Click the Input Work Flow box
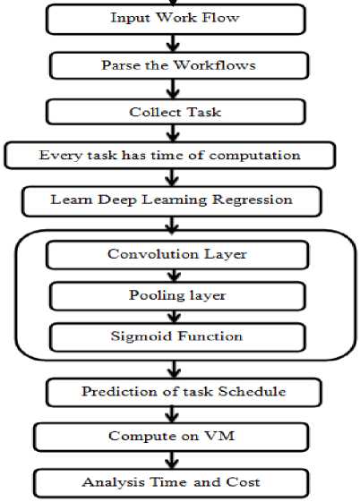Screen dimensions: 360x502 pyautogui.click(x=176, y=19)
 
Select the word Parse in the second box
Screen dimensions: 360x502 pyautogui.click(x=121, y=65)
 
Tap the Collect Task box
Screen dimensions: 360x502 pyautogui.click(x=176, y=112)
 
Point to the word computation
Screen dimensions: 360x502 pyautogui.click(x=254, y=156)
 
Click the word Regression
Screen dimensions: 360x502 pyautogui.click(x=253, y=200)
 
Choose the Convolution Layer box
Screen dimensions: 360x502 pyautogui.click(x=177, y=255)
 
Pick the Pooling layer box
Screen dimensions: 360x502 pyautogui.click(x=177, y=296)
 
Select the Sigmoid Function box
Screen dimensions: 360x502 pyautogui.click(x=177, y=337)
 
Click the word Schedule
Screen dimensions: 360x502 pyautogui.click(x=252, y=392)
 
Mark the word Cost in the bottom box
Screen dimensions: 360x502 pyautogui.click(x=243, y=482)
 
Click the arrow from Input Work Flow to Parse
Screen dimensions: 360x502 pyautogui.click(x=173, y=43)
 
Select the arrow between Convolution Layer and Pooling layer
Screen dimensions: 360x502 pyautogui.click(x=174, y=276)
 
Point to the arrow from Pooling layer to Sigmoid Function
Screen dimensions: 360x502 pyautogui.click(x=174, y=317)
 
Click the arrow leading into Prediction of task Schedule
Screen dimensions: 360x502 pyautogui.click(x=174, y=370)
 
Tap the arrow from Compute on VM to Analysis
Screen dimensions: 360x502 pyautogui.click(x=172, y=460)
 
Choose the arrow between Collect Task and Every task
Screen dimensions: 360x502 pyautogui.click(x=173, y=133)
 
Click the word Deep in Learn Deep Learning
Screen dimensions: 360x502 pyautogui.click(x=117, y=200)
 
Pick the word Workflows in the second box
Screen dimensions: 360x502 pyautogui.click(x=215, y=65)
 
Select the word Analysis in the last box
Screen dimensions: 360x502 pyautogui.click(x=113, y=482)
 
